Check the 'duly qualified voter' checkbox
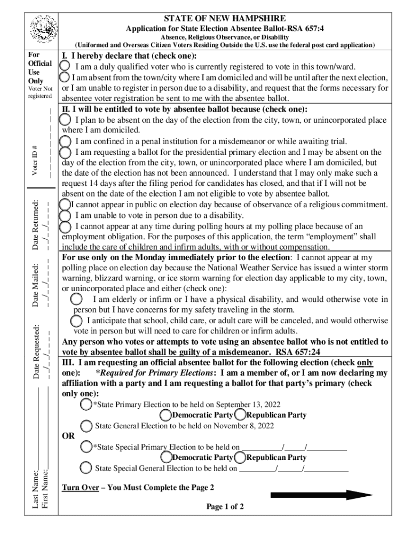pyautogui.click(x=65, y=66)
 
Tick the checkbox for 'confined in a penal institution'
pyautogui.click(x=65, y=141)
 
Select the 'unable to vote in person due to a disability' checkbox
pyautogui.click(x=65, y=216)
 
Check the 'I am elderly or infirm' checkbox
pyautogui.click(x=77, y=299)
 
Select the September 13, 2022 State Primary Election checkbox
pyautogui.click(x=86, y=404)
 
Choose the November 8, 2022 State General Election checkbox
pyautogui.click(x=86, y=426)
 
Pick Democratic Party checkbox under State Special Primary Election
pyautogui.click(x=165, y=457)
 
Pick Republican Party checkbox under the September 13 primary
pyautogui.click(x=240, y=415)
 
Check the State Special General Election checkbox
pyautogui.click(x=86, y=468)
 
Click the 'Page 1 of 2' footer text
pyautogui.click(x=225, y=507)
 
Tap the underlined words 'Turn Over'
pyautogui.click(x=80, y=487)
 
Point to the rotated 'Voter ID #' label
pyautogui.click(x=35, y=160)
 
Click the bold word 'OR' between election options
pyautogui.click(x=68, y=436)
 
